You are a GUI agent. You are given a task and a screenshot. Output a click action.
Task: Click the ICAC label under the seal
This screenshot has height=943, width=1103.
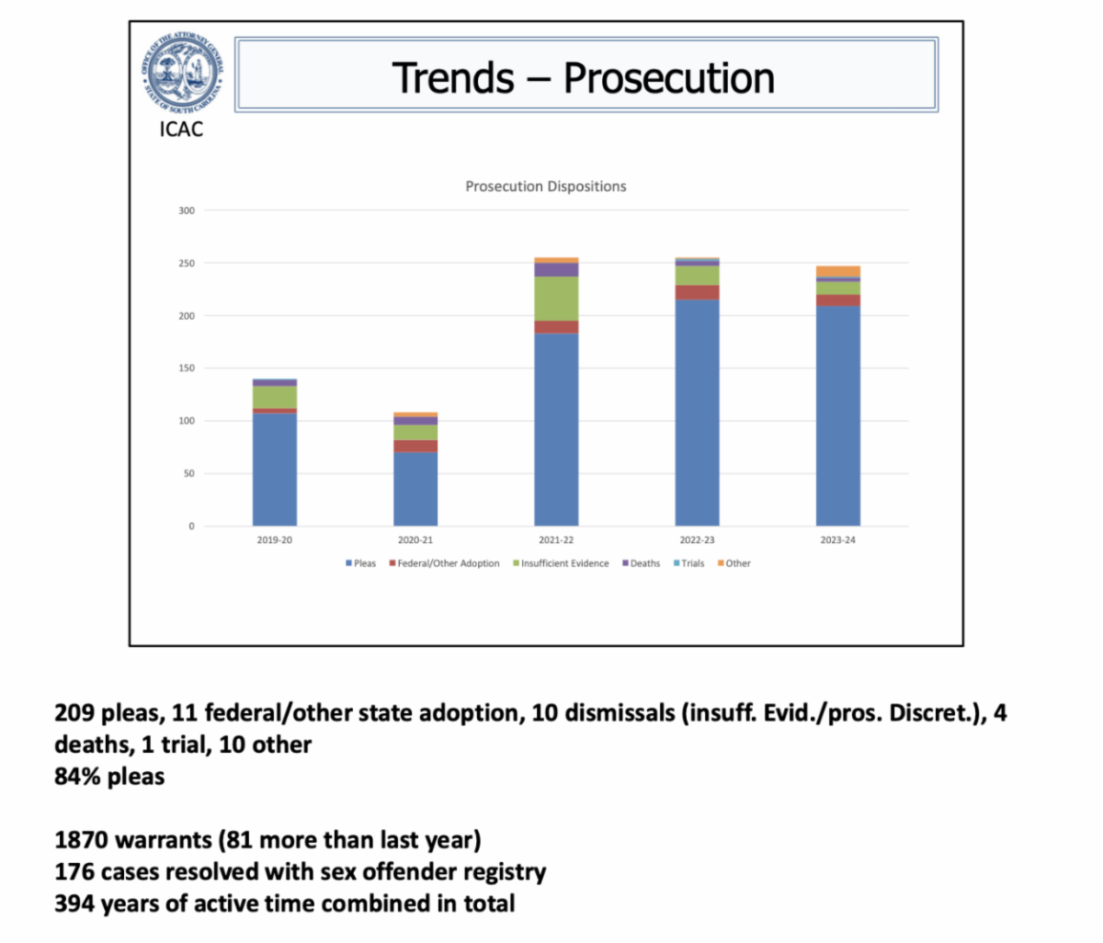(181, 130)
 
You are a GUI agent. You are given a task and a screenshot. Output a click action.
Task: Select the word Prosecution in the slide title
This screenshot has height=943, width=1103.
(668, 78)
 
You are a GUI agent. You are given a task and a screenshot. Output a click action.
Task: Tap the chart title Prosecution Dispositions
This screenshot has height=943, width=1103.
(545, 187)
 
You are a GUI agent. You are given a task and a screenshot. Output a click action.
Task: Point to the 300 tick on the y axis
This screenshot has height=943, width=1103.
(187, 210)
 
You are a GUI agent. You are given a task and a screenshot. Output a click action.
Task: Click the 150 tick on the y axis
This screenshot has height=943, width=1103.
(187, 369)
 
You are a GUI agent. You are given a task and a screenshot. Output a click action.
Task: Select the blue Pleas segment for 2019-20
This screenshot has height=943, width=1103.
(275, 469)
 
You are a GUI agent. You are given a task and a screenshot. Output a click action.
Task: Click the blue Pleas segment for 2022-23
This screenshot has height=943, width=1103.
(697, 414)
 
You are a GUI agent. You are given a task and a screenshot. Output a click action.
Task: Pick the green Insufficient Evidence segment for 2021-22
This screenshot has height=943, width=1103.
(556, 299)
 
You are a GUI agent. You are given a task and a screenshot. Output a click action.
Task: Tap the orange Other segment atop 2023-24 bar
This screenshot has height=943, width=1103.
(837, 271)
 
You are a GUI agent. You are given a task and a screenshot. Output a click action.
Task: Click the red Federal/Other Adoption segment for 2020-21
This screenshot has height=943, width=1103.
(415, 446)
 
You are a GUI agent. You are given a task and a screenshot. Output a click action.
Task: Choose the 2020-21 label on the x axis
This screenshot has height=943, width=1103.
(415, 540)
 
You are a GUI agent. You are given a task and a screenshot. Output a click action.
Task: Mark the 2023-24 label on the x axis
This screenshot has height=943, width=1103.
(837, 540)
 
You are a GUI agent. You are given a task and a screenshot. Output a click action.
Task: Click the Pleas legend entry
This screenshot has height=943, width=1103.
(361, 563)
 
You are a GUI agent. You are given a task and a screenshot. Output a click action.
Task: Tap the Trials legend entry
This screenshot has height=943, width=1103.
(689, 563)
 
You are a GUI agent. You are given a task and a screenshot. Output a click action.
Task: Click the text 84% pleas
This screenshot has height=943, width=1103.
(109, 777)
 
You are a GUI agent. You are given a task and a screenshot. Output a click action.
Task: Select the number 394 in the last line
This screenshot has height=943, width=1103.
(74, 903)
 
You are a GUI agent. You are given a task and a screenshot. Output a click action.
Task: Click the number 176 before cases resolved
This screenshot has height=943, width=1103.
(74, 871)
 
